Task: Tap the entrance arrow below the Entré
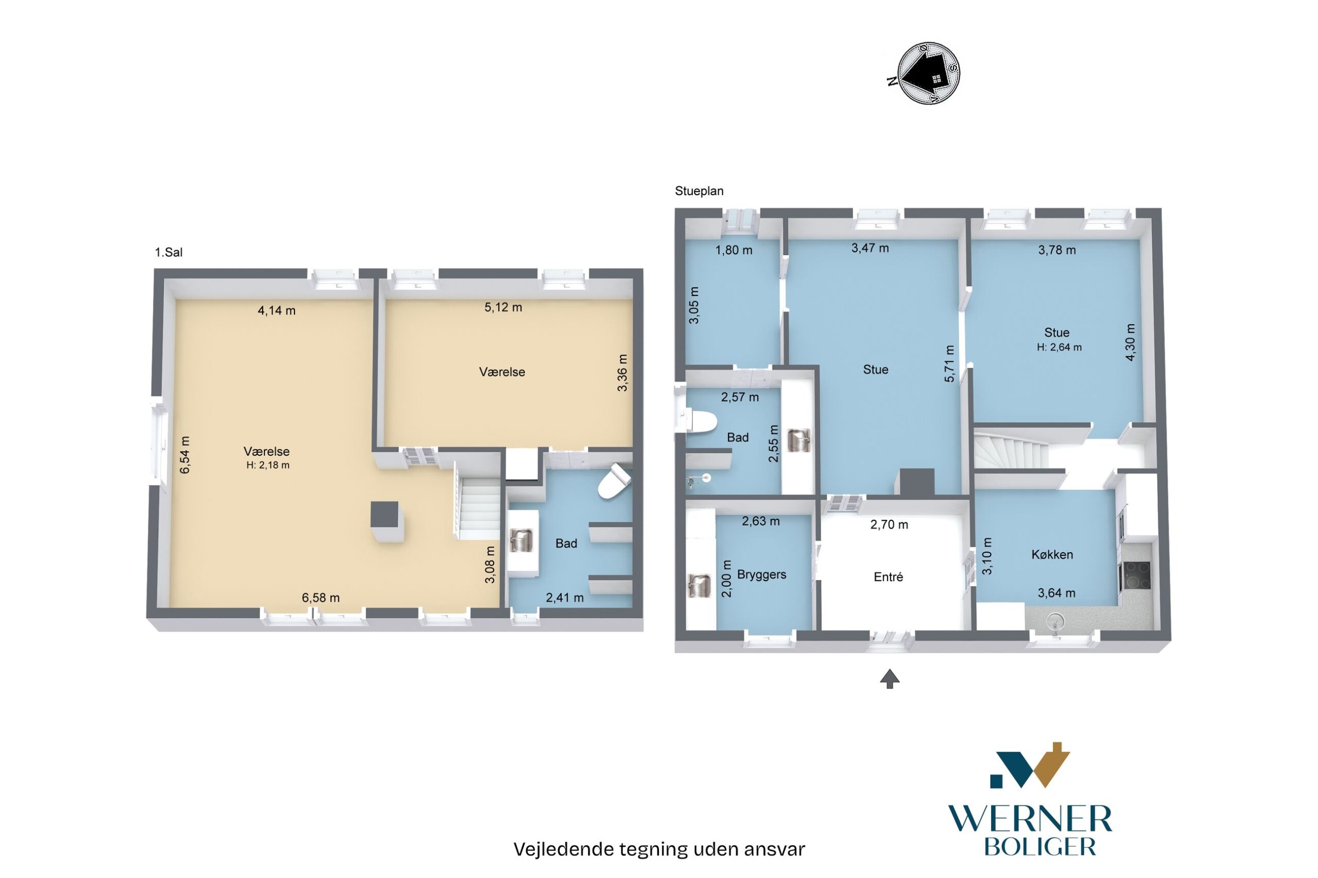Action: pyautogui.click(x=890, y=679)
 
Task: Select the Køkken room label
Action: pyautogui.click(x=1052, y=554)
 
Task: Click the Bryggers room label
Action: pyautogui.click(x=761, y=574)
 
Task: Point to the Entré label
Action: pyautogui.click(x=889, y=576)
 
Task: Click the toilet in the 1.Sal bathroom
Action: pyautogui.click(x=615, y=481)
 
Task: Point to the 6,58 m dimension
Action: pyautogui.click(x=320, y=598)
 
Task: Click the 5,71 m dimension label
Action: pyautogui.click(x=949, y=363)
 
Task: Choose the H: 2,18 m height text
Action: pyautogui.click(x=268, y=465)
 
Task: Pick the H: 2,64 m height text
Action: pyautogui.click(x=1059, y=347)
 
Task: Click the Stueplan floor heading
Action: pyautogui.click(x=699, y=191)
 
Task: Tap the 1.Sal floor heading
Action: pyautogui.click(x=168, y=253)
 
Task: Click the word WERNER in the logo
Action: pyautogui.click(x=1030, y=819)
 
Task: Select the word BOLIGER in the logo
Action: pyautogui.click(x=1039, y=846)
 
